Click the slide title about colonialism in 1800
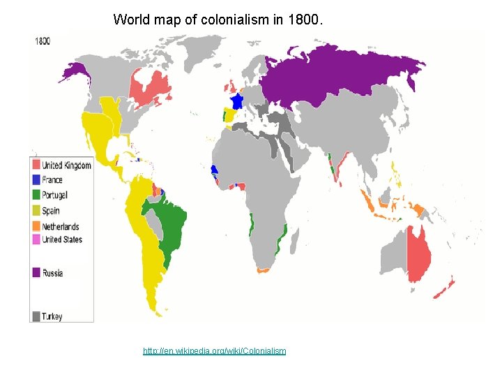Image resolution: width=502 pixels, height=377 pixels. coord(218,20)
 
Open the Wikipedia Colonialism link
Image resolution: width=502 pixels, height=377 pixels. coord(214,350)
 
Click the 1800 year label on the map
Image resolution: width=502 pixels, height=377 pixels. coord(43,40)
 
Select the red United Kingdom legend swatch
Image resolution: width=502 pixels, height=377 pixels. coord(36,165)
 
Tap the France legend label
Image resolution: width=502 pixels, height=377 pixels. coord(52,180)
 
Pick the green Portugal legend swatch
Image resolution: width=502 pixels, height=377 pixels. coord(36,195)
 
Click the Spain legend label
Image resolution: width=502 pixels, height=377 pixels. coord(51,211)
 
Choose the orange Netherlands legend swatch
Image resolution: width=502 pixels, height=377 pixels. coord(36,226)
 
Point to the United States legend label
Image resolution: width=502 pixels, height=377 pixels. coord(62,239)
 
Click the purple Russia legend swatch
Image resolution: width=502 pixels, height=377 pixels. coord(36,273)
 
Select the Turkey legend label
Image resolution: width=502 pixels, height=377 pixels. coord(52,316)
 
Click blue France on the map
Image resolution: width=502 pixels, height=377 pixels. coord(236,102)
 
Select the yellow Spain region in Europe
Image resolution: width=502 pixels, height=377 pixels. coord(229,114)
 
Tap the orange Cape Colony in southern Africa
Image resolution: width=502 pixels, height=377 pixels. coord(264,269)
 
